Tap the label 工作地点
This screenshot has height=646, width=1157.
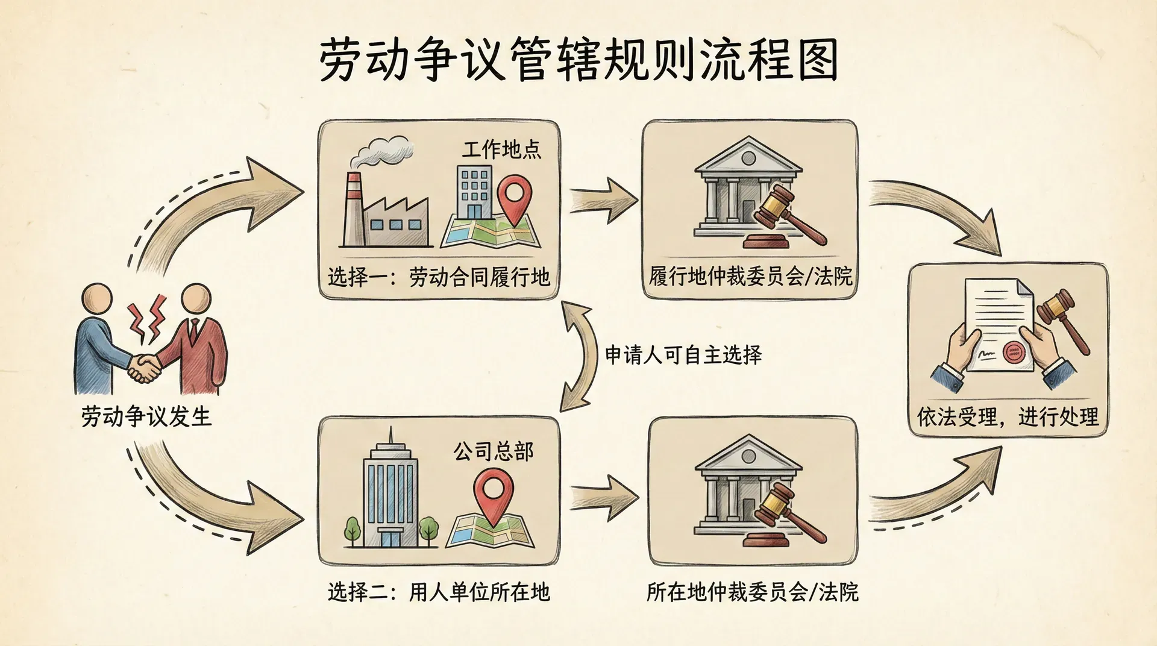coord(501,149)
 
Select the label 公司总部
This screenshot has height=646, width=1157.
coord(494,451)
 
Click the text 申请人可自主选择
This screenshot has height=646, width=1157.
coord(683,354)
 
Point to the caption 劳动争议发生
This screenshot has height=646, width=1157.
coord(146,416)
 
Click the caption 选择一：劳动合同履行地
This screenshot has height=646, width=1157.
coord(439,277)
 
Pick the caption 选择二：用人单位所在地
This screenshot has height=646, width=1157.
coord(439,592)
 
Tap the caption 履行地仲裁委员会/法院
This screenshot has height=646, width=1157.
coord(751,277)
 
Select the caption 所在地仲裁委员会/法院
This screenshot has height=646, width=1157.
coord(752,592)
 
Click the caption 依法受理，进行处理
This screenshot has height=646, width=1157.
coord(1008,416)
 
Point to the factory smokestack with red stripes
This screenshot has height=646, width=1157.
coord(353,208)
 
